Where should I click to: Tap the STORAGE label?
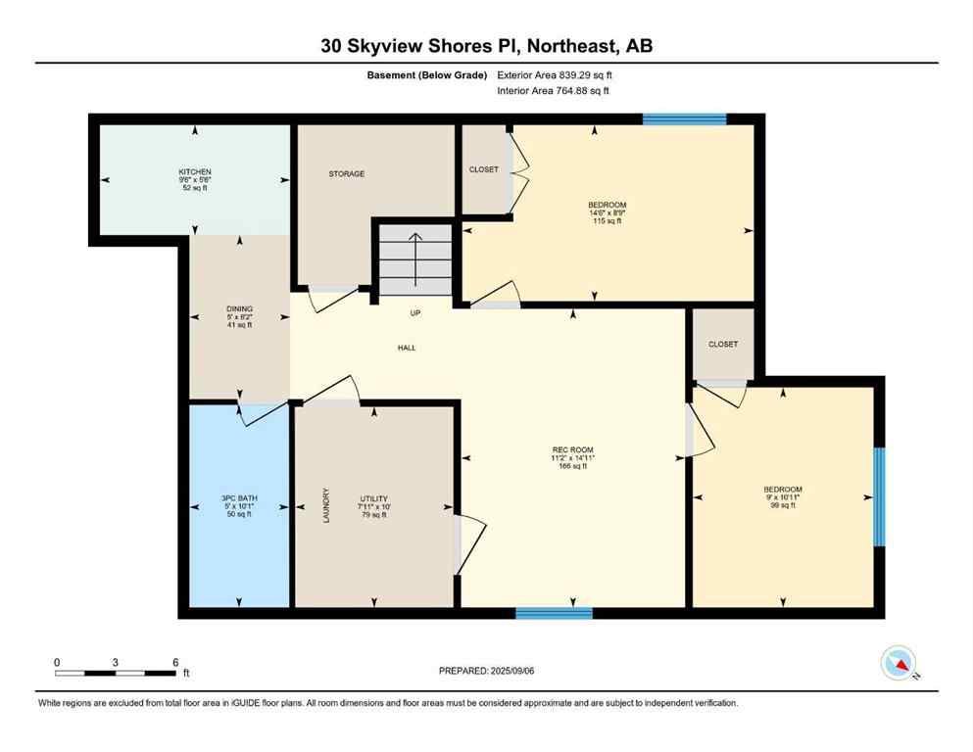346,174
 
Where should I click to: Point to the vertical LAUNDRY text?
327,506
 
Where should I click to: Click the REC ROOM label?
573,450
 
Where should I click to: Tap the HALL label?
407,348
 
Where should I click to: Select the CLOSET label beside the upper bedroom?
483,169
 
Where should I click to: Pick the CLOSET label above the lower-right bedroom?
722,345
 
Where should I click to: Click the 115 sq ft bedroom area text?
608,221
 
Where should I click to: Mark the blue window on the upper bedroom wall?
684,120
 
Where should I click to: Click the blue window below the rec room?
554,614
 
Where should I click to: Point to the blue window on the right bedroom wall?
879,496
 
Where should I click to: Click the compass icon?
899,664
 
